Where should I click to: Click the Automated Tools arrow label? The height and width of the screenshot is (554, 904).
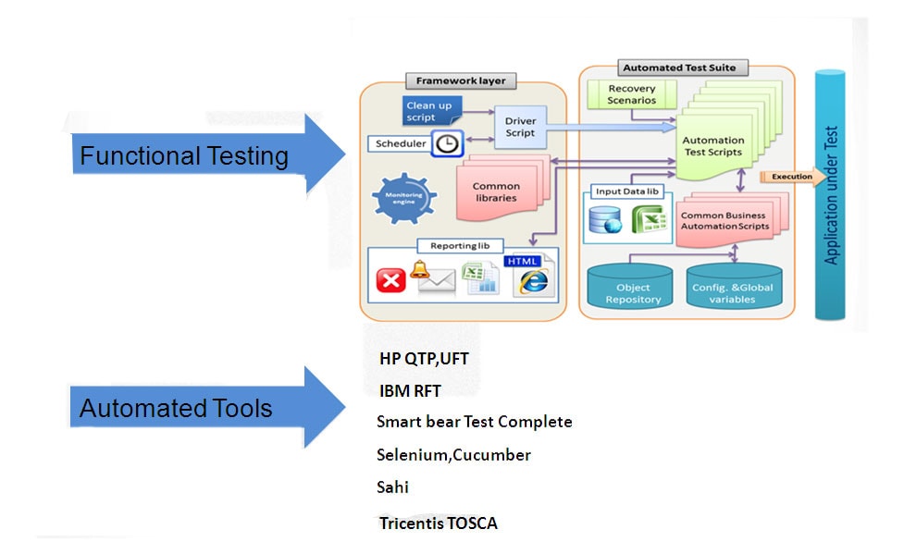point(176,408)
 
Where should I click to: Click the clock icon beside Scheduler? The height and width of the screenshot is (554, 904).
point(447,143)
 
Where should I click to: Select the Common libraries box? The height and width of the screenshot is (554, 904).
point(496,191)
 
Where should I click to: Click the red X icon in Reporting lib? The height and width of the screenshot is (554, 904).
point(391,279)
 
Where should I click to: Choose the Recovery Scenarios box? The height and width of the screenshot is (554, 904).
point(632,94)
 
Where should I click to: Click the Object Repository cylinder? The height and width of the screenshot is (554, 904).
point(633,287)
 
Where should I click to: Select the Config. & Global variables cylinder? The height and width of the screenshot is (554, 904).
point(732,287)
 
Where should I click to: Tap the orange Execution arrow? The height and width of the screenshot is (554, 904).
point(792,177)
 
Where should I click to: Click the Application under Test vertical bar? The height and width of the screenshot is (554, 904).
point(830,195)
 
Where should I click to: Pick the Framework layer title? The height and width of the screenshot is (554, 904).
point(462,81)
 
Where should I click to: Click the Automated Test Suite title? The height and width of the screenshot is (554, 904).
point(686,68)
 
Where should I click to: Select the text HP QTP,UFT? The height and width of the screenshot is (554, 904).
point(430,358)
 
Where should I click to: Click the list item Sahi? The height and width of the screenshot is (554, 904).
point(392,487)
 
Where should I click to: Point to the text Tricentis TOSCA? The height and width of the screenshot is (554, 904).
point(438,523)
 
